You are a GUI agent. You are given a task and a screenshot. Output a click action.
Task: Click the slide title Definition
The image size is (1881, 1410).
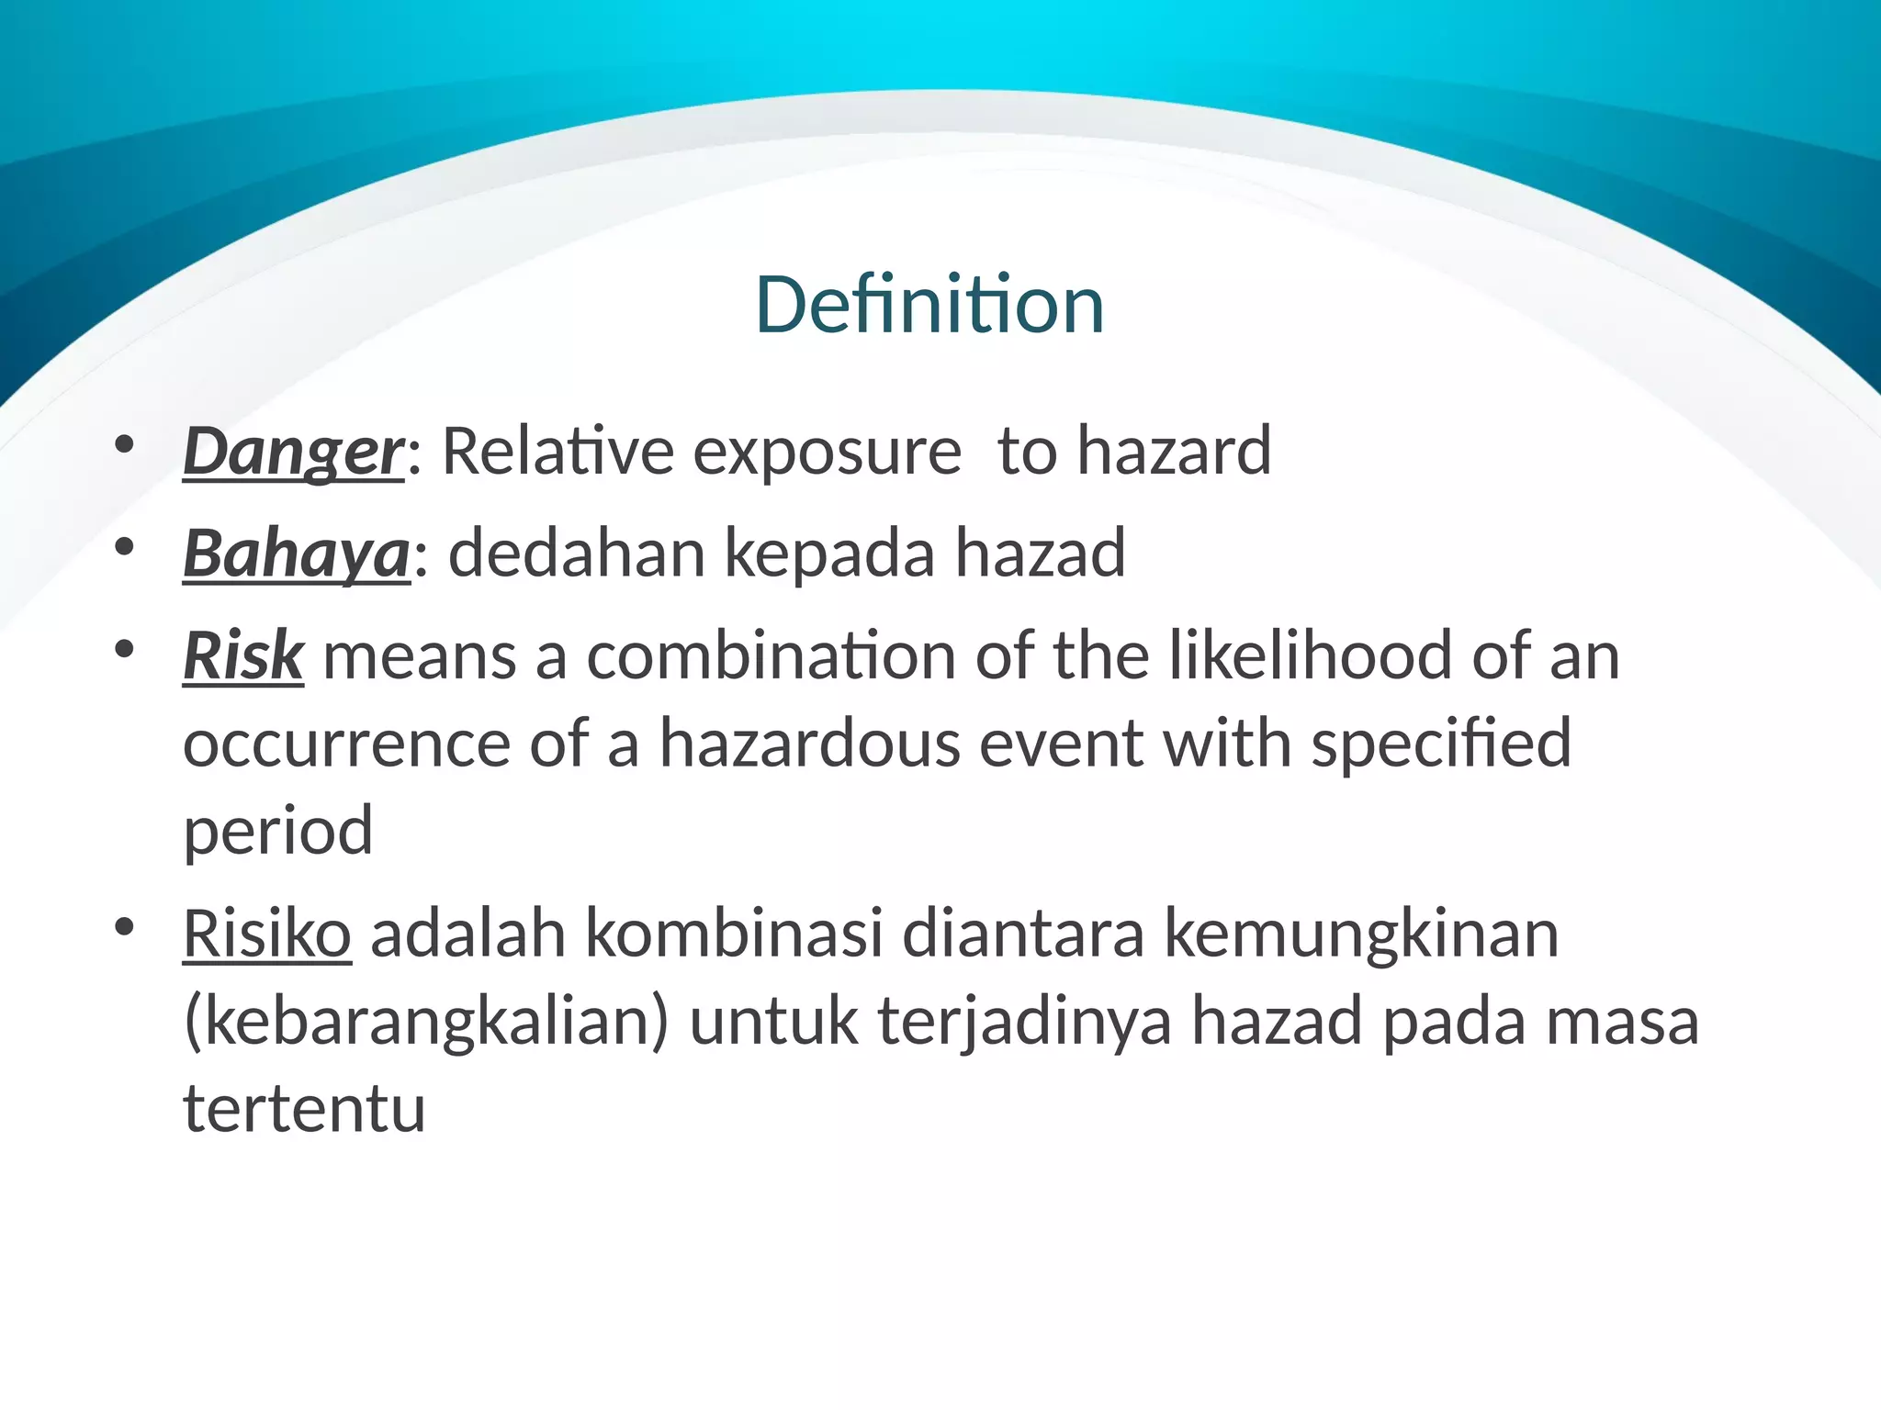click(929, 305)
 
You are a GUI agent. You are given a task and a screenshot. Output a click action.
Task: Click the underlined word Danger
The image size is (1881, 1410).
click(293, 452)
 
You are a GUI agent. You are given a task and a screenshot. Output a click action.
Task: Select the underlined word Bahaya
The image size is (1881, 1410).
click(296, 554)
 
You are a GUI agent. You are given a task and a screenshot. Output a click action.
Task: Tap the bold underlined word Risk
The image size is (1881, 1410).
click(243, 656)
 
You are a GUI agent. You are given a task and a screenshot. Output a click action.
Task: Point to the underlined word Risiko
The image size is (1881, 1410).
click(266, 934)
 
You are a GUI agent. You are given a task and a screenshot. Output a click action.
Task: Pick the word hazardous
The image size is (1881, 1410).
click(809, 744)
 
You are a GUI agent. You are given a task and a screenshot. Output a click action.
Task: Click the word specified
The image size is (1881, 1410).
click(1441, 744)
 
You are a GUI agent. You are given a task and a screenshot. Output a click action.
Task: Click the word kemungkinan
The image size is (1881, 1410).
click(1362, 934)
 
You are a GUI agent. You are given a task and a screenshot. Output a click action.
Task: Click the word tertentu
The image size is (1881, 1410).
click(304, 1109)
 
